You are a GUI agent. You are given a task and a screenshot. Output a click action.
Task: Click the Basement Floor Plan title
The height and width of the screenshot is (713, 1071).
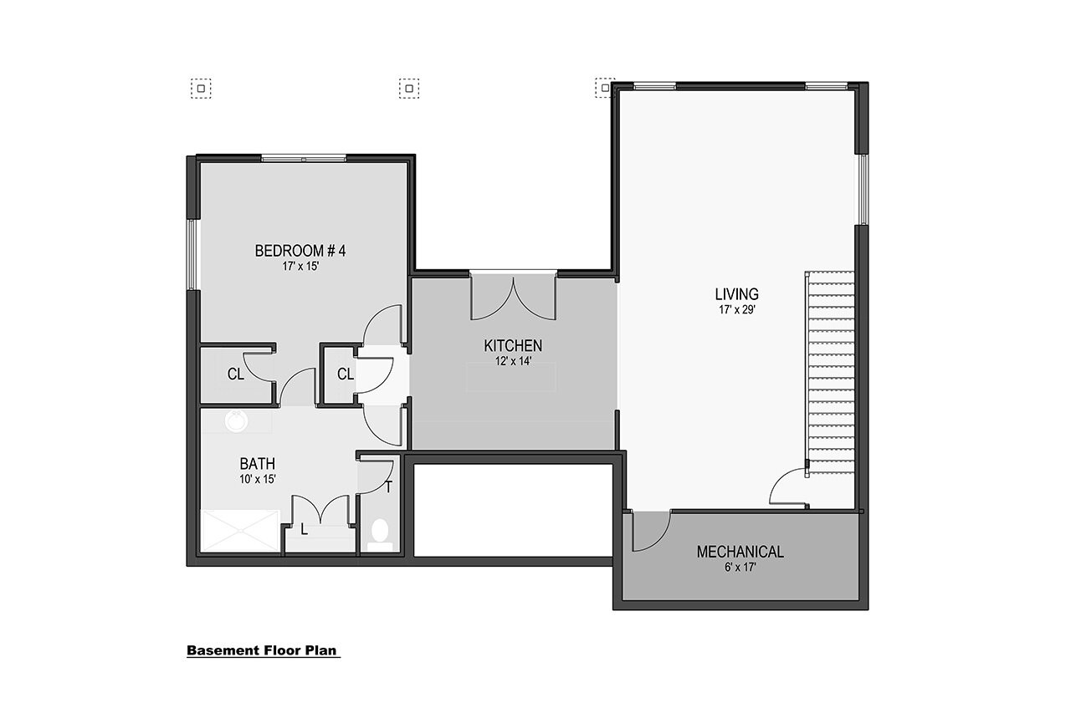tap(264, 650)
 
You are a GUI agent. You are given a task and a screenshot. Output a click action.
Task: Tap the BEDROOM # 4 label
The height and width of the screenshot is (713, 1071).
tap(300, 250)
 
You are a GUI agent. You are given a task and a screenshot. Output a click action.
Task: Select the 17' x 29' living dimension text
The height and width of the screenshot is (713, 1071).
tap(736, 309)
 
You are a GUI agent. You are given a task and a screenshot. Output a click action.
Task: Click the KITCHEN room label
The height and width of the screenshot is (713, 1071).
tap(513, 345)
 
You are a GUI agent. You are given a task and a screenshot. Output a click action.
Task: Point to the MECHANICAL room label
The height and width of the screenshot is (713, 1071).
tap(740, 552)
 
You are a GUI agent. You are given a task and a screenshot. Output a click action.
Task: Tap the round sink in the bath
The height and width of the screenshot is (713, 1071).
tap(237, 422)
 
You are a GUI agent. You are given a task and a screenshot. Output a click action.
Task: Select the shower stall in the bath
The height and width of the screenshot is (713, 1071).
tap(241, 531)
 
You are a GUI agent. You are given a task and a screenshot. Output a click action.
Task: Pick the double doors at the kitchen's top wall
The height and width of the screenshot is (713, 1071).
tap(513, 294)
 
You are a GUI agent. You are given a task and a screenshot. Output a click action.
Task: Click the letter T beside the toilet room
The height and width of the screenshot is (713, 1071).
tap(389, 486)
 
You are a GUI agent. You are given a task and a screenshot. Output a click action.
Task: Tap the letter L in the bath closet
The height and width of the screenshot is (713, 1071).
tap(303, 529)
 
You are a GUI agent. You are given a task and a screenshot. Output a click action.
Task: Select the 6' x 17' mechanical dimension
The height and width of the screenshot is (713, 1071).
tap(740, 568)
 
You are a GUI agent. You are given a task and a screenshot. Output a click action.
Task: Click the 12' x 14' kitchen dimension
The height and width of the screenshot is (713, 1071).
tap(513, 361)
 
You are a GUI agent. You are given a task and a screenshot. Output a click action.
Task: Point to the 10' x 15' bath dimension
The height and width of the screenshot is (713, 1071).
tap(258, 479)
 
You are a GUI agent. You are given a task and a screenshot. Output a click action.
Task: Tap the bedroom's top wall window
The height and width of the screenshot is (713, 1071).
tap(304, 158)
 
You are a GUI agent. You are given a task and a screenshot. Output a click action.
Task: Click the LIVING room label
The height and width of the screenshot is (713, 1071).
tap(736, 294)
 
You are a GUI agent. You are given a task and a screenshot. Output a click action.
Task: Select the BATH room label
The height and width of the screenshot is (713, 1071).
tap(258, 463)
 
